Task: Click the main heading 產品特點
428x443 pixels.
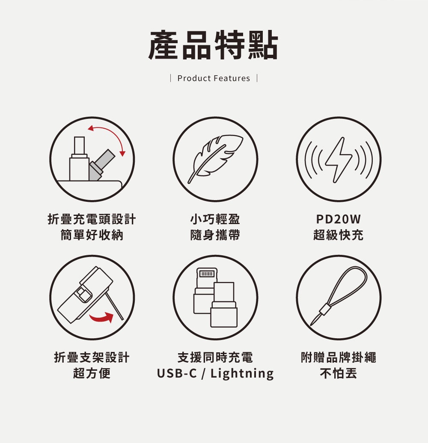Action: tap(214, 45)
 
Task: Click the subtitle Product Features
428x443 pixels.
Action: tap(214, 78)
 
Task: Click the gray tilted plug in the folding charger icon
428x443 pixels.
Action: tap(101, 165)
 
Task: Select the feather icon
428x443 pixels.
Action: tap(215, 159)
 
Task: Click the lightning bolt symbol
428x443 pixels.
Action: tap(339, 160)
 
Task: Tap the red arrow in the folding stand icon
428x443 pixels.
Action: tap(102, 318)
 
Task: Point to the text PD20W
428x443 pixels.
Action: tap(339, 219)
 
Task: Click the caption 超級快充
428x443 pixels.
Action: tap(339, 235)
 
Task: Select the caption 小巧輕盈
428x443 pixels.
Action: tap(215, 219)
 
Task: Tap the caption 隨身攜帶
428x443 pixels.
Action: tap(215, 235)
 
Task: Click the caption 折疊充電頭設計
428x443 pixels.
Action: tap(92, 219)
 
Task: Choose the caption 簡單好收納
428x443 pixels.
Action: tap(92, 235)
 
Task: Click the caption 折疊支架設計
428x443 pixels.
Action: tap(92, 357)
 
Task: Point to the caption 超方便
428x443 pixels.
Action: tap(92, 373)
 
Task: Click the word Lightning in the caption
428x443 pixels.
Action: tap(242, 373)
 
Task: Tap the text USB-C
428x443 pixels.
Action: tap(177, 373)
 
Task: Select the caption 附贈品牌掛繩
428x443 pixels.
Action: tap(339, 357)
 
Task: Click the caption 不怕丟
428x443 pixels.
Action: tap(339, 373)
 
